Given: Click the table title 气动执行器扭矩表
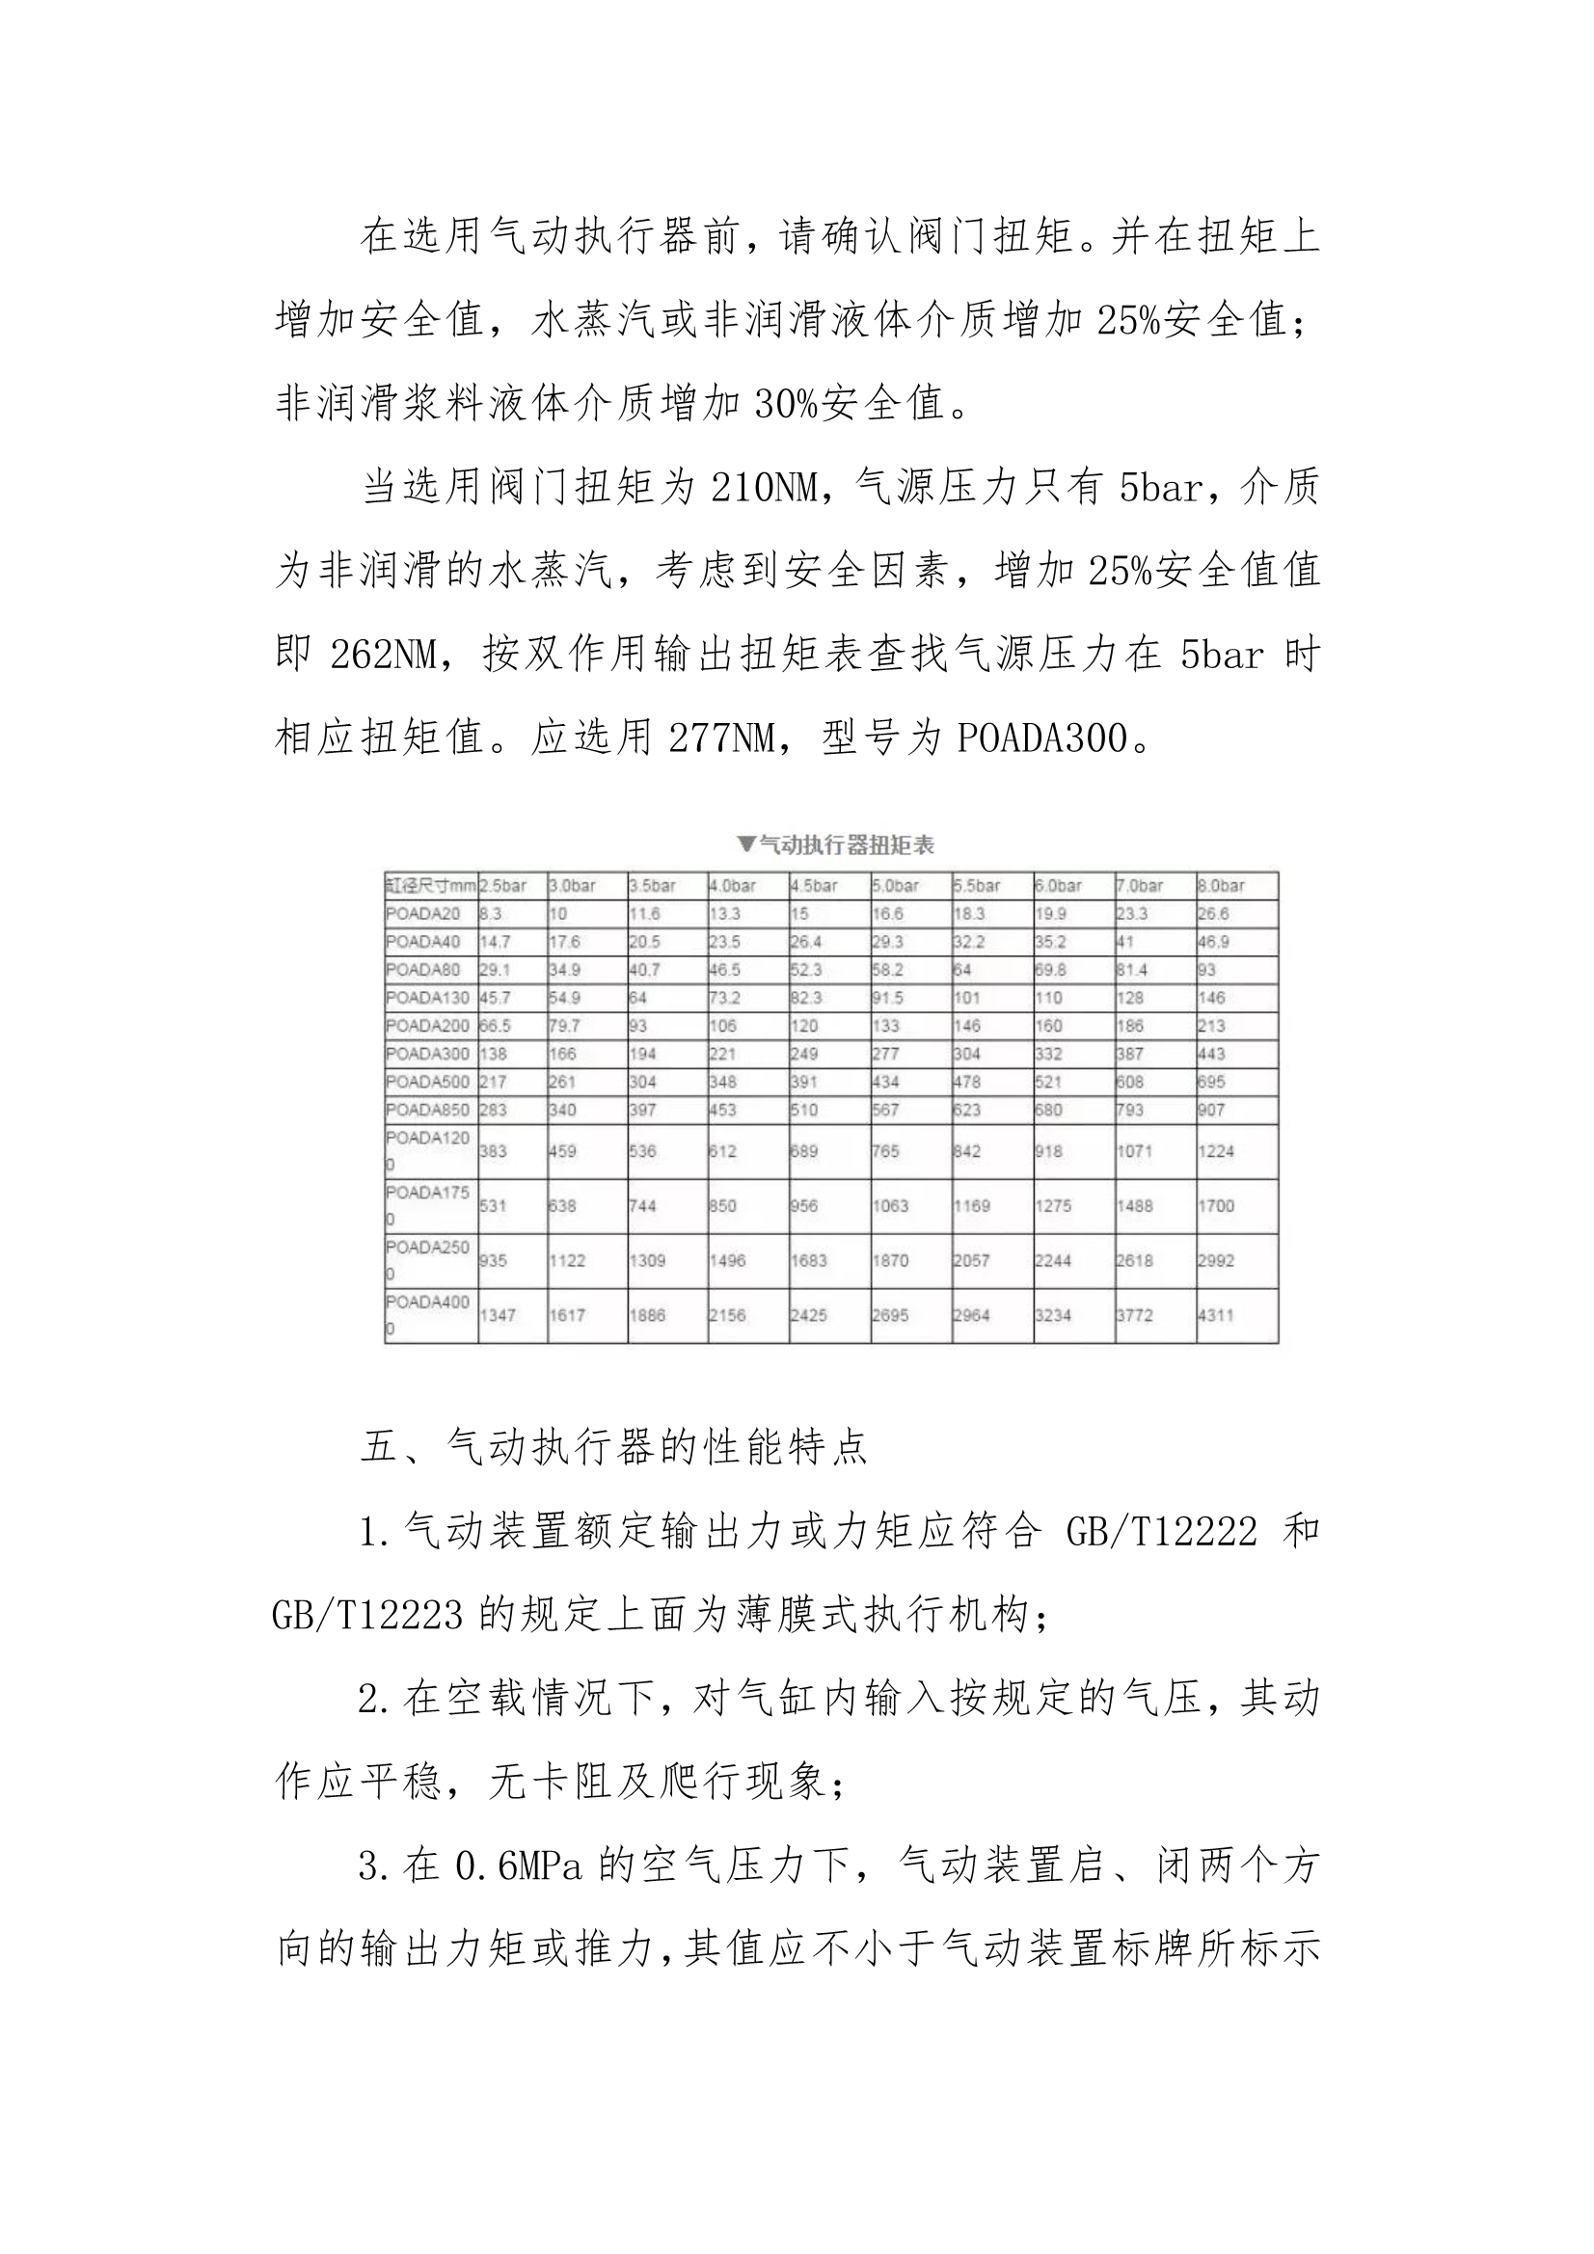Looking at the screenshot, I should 836,845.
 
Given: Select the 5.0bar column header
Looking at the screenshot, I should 896,885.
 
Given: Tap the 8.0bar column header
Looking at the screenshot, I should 1222,885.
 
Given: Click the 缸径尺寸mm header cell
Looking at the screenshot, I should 430,885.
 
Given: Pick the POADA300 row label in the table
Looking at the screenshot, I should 427,1054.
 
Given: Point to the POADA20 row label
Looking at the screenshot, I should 423,913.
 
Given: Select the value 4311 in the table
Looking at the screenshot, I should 1216,1314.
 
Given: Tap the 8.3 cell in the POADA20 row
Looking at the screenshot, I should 491,913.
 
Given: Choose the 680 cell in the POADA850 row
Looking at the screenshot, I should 1048,1110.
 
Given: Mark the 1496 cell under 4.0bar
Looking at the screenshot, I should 728,1259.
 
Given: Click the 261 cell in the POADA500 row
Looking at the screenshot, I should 562,1081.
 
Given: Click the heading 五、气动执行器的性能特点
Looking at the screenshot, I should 614,1446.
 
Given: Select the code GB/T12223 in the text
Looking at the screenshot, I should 367,1615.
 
